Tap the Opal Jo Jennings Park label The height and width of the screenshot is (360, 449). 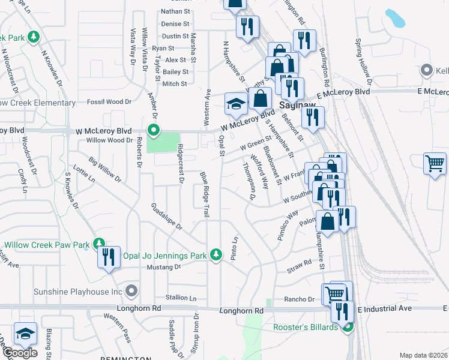click(x=164, y=256)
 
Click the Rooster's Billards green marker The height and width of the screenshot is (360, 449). click(x=348, y=327)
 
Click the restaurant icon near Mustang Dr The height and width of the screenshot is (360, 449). click(x=108, y=257)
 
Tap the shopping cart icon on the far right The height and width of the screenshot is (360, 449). click(x=435, y=163)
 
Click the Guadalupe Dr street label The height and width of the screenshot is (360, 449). click(x=166, y=216)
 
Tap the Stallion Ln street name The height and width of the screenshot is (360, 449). click(x=181, y=298)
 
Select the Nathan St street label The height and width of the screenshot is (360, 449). click(x=175, y=11)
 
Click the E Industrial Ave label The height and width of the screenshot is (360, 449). click(x=384, y=308)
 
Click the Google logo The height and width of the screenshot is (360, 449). click(x=20, y=353)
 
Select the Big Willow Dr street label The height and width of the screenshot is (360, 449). click(x=104, y=170)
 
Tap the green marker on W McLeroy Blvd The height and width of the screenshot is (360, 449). click(x=154, y=130)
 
